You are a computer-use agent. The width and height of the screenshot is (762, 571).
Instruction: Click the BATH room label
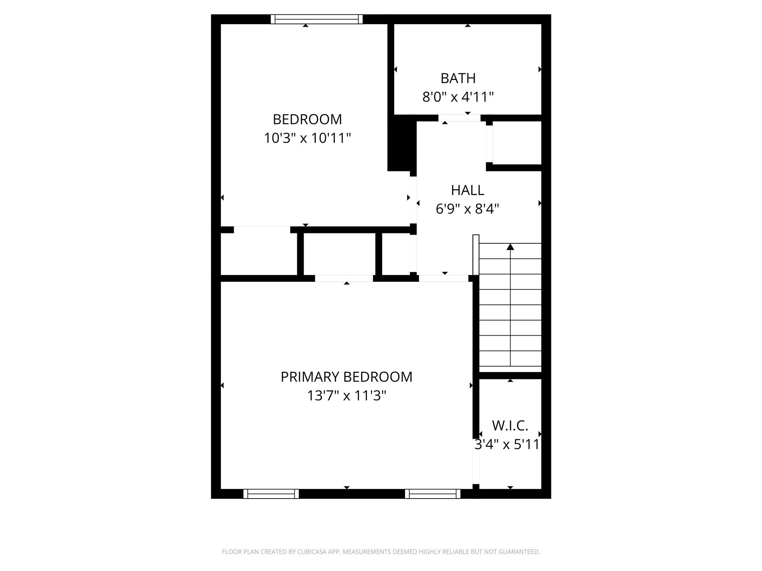point(458,78)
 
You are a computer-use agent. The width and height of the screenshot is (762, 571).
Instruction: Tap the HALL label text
point(467,190)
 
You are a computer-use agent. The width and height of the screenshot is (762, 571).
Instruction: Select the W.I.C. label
point(510,426)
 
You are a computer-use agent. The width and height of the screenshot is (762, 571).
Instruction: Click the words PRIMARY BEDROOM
point(346,377)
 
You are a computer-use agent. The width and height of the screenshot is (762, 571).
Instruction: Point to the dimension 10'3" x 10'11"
point(307,138)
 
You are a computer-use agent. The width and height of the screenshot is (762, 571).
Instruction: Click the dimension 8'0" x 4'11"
point(458,97)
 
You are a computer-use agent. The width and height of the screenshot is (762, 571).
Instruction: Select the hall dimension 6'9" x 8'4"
point(467,209)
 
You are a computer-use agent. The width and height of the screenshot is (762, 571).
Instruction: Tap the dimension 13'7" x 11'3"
point(346,396)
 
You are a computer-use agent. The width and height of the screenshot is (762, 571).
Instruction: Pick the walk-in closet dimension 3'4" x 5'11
point(507,445)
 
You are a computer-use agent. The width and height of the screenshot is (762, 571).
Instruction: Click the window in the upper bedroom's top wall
point(317,19)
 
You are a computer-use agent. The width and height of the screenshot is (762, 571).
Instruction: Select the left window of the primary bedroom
point(271,494)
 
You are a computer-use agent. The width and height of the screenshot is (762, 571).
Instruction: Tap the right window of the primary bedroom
point(432,494)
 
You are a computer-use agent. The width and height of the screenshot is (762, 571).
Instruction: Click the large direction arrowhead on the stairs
point(510,247)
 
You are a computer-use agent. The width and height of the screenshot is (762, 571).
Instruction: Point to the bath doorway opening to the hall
point(460,118)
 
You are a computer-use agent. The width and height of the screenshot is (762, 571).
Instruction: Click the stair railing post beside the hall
point(476,255)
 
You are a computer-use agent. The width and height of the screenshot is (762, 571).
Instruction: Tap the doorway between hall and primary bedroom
point(444,278)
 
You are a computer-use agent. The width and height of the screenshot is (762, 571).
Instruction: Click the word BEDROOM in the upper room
point(307,120)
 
